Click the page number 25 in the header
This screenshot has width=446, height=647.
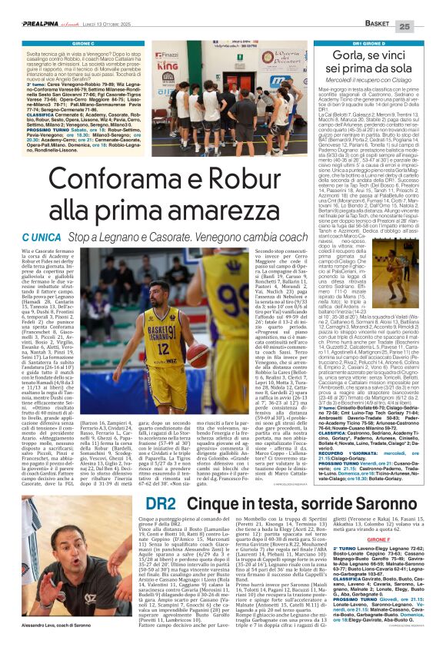pos(428,27)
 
